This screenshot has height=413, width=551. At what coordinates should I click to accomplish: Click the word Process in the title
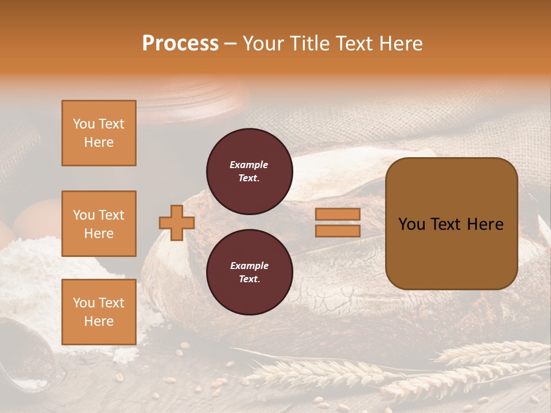point(180,44)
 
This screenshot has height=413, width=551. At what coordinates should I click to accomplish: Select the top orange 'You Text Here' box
point(99,133)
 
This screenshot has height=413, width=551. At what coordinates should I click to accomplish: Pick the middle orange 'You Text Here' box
point(99,224)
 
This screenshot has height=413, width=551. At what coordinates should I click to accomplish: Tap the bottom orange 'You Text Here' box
point(99,312)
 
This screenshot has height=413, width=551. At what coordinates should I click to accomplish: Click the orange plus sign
point(177,223)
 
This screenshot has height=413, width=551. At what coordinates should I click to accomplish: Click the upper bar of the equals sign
point(337,214)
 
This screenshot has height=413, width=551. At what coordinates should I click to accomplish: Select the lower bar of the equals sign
point(337,231)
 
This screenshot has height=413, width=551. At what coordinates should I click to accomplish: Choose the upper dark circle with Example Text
point(249,171)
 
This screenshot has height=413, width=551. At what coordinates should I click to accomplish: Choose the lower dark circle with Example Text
point(249,272)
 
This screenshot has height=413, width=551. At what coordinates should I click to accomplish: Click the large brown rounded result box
point(451,224)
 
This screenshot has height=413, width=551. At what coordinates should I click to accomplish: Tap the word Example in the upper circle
point(249,165)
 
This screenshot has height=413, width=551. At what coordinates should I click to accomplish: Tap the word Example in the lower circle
point(249,266)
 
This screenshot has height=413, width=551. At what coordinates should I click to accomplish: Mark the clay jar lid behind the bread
point(189,95)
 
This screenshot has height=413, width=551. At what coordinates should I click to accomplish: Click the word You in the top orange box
point(84,124)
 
